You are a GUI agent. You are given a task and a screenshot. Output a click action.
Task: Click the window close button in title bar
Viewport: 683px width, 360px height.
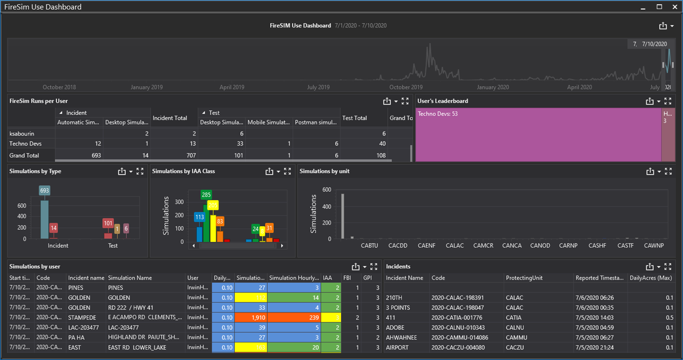tap(674, 7)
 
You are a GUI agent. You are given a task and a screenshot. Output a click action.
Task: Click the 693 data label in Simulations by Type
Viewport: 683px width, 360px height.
tap(45, 191)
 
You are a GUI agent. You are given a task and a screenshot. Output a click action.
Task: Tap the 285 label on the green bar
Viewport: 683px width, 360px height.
tap(206, 195)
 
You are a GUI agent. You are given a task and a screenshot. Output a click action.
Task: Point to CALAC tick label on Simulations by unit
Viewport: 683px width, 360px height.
tap(455, 245)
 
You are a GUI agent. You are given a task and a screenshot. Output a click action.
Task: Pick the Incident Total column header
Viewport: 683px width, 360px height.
tap(170, 118)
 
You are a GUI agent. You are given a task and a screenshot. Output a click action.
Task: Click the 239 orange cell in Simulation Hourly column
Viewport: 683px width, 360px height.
tap(294, 317)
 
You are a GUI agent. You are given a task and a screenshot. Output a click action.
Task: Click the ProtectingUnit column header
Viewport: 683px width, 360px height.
tap(524, 278)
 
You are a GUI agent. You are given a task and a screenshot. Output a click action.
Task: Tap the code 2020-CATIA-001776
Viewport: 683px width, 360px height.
tap(458, 317)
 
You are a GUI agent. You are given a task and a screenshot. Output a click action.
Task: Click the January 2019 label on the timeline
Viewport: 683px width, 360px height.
tap(147, 87)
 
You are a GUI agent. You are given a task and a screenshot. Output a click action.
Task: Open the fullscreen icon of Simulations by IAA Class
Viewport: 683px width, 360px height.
tap(287, 171)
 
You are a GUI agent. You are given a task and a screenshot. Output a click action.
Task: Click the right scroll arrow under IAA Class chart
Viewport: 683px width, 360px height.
tap(282, 246)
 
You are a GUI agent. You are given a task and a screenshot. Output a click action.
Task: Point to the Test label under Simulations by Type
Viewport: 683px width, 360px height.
tap(113, 245)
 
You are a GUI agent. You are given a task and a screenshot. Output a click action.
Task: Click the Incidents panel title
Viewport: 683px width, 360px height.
tap(398, 267)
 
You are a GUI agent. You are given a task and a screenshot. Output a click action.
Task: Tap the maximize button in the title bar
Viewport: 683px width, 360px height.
tap(659, 7)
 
